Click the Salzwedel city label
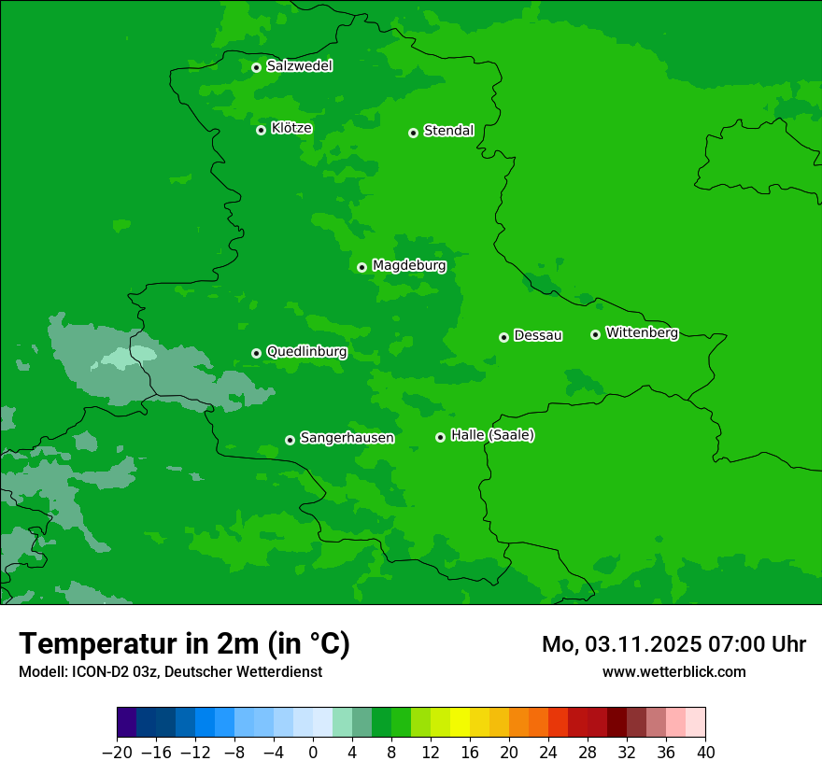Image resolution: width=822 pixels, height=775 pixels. [299, 66]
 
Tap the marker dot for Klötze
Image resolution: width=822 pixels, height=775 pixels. [261, 130]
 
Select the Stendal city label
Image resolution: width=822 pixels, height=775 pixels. [448, 131]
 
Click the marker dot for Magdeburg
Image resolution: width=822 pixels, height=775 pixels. [361, 267]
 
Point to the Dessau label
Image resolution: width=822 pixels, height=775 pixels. [538, 335]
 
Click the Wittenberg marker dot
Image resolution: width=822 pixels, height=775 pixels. [595, 334]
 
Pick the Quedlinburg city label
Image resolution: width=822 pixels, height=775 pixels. [306, 352]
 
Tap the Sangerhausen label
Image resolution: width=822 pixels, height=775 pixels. [347, 438]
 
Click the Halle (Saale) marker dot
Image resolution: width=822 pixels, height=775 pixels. [440, 437]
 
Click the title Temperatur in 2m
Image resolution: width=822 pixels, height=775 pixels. [184, 644]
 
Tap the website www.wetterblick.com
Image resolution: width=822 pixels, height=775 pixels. [673, 672]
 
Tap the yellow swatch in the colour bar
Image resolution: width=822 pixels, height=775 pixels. [460, 723]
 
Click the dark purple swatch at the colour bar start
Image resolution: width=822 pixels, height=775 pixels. [127, 723]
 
